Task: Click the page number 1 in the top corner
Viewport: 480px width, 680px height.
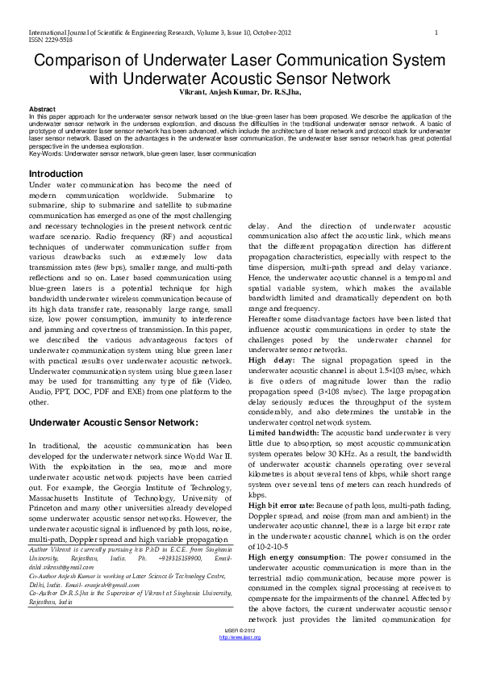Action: click(436, 32)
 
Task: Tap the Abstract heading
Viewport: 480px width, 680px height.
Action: click(42, 109)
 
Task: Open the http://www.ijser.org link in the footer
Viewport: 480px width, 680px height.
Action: click(240, 637)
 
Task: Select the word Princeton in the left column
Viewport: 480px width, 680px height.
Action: click(50, 510)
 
